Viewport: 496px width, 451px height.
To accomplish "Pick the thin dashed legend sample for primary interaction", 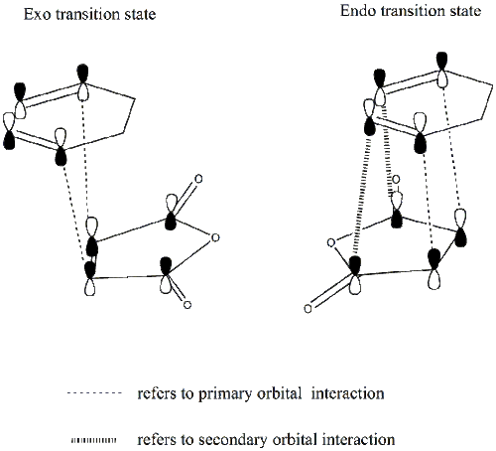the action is [x=94, y=393].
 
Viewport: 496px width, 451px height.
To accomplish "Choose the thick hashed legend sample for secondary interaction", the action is [x=94, y=440].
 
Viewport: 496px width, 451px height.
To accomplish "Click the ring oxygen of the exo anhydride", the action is [x=215, y=237].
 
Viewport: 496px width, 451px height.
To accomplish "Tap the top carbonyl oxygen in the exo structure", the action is [x=198, y=179].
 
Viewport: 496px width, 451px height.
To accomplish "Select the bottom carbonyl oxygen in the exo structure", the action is [x=187, y=304].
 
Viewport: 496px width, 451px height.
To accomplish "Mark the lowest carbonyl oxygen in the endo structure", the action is [x=308, y=309].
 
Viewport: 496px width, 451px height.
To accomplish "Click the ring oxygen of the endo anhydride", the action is [x=330, y=242].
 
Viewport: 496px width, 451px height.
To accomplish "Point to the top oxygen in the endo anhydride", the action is [x=396, y=180].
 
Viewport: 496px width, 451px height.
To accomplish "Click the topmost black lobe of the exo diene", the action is [x=82, y=74].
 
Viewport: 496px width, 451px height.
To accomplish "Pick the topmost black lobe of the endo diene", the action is [x=442, y=62].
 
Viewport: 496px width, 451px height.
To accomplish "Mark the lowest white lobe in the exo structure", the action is [x=90, y=286].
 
